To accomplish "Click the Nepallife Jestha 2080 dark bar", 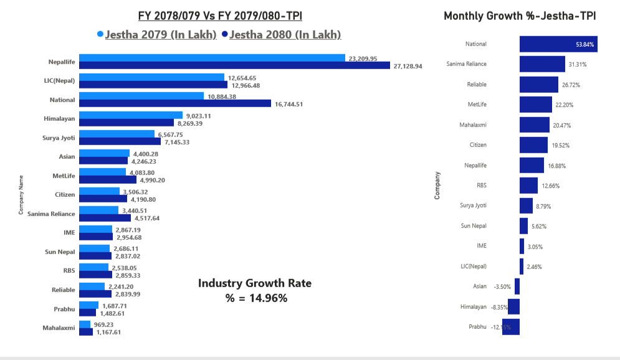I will [234, 65].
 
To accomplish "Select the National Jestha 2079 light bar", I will [141, 96].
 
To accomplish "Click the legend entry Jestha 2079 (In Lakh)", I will [161, 35].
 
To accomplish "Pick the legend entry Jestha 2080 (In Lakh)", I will [285, 35].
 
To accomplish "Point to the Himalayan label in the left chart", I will [59, 118].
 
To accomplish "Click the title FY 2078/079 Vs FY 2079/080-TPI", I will [224, 15].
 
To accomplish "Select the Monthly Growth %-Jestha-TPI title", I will [520, 16].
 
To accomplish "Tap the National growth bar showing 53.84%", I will [558, 44].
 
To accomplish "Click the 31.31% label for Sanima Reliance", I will [577, 65].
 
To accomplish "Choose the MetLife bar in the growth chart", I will [536, 104].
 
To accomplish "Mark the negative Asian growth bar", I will [517, 287].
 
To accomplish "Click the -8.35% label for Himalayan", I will [499, 307].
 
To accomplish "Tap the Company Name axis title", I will [21, 195].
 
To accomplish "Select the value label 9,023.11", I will [198, 115].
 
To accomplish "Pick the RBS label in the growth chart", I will [482, 185].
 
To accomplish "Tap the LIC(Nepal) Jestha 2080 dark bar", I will [153, 85].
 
